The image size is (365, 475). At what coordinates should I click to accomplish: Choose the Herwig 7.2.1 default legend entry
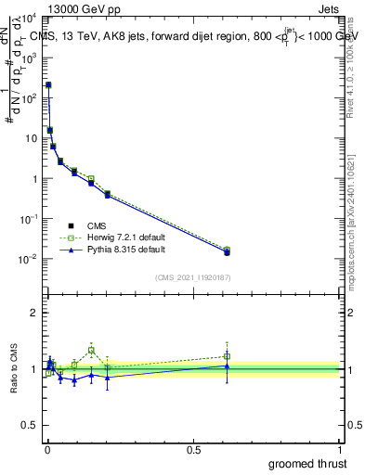coord(122,237)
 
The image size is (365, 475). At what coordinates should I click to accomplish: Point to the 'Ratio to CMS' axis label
coord(14,369)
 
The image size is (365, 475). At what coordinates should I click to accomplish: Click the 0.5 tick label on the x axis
coord(193,448)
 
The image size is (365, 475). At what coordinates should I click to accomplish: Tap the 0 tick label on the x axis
coord(47,448)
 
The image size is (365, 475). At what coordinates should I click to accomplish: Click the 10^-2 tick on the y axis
coord(28,259)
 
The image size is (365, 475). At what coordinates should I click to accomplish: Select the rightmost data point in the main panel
coord(227,251)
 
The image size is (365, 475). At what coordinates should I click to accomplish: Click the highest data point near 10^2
coord(48,84)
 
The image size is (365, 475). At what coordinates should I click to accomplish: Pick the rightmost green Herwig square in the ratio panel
coord(227,356)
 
